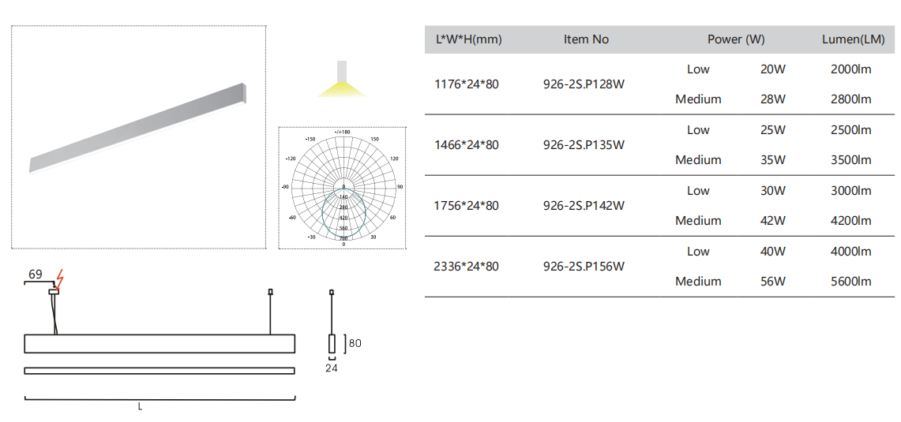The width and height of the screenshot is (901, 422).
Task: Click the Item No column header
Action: [x=586, y=39]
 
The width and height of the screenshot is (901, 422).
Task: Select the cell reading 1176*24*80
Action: [x=467, y=84]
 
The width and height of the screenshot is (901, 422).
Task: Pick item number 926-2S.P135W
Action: [x=584, y=145]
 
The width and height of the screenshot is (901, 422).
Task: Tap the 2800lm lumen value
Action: [x=850, y=99]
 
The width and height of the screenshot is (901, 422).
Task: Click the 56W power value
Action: [x=772, y=282]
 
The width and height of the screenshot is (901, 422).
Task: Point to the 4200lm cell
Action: [x=850, y=221]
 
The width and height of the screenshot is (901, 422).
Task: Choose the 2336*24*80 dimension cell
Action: [x=467, y=267]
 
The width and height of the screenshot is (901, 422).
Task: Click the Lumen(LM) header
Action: [x=853, y=39]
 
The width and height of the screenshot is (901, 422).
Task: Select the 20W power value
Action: [x=772, y=69]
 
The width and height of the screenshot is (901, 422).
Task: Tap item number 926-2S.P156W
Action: [x=584, y=267]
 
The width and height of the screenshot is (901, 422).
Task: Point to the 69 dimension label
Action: [x=35, y=274]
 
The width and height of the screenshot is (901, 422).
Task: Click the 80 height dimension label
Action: [x=355, y=343]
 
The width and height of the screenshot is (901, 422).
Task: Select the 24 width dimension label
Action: [x=331, y=368]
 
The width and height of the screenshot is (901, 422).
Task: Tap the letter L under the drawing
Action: [x=140, y=407]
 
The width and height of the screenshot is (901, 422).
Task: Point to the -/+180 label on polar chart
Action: [x=343, y=132]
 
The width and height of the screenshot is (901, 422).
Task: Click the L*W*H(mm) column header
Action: [x=468, y=39]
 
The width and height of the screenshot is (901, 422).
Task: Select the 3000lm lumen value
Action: [x=850, y=191]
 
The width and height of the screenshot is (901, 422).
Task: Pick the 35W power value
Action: [x=772, y=160]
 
